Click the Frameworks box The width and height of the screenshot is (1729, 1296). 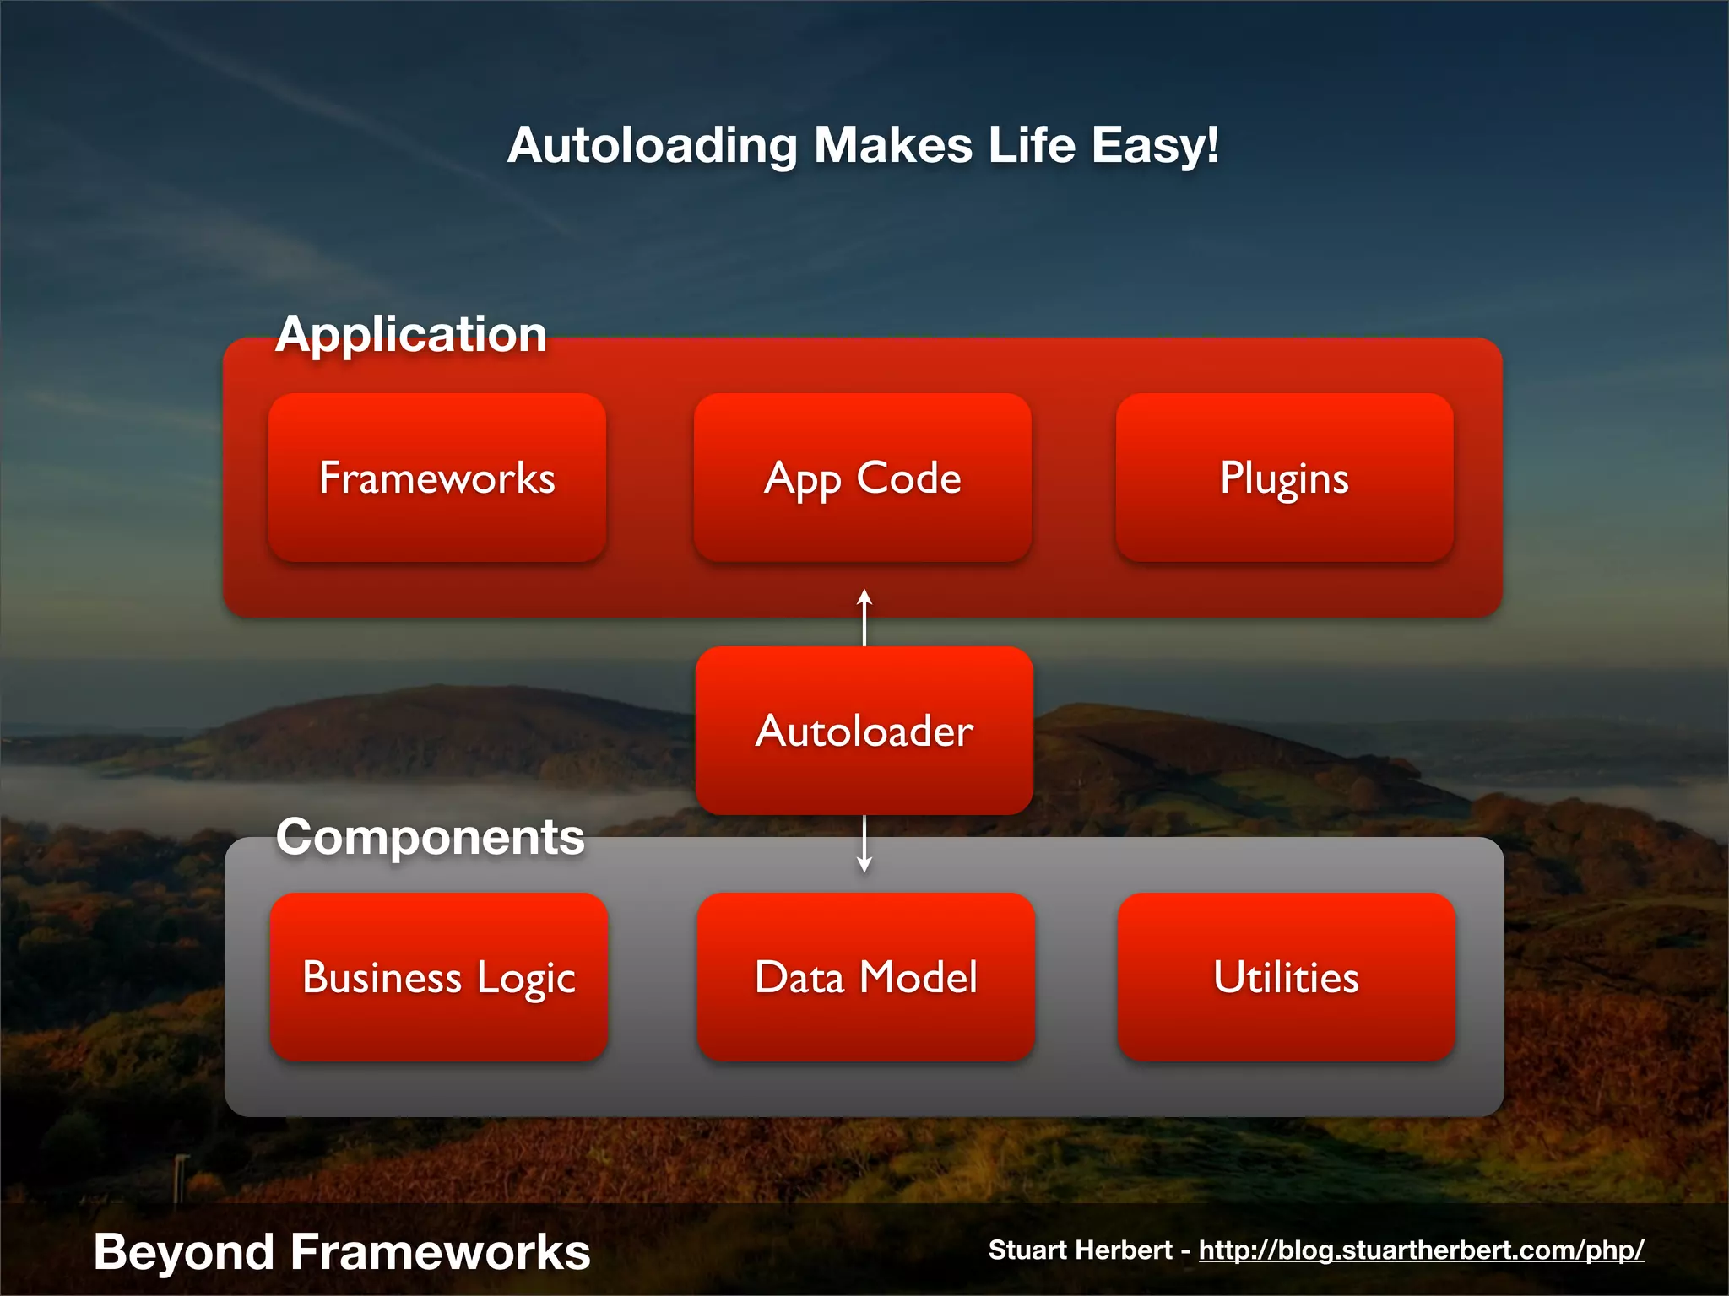click(x=437, y=478)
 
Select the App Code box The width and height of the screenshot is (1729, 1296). click(x=862, y=478)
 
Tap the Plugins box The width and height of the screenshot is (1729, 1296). click(x=1284, y=478)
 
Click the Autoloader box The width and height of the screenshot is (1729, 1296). click(x=864, y=731)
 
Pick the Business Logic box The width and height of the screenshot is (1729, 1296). click(x=438, y=977)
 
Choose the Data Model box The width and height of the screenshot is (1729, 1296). click(x=865, y=977)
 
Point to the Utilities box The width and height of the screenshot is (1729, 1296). click(x=1286, y=977)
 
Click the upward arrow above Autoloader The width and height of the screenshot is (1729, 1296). click(x=864, y=617)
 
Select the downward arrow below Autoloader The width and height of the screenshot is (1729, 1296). click(x=864, y=845)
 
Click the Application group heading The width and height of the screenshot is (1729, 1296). click(x=411, y=334)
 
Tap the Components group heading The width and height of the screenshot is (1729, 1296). click(x=430, y=837)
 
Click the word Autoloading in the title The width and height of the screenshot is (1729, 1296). click(x=652, y=145)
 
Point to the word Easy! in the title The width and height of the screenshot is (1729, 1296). click(x=1155, y=145)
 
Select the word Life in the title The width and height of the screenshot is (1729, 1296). click(x=1032, y=145)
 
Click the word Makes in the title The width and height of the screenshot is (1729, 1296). click(x=892, y=145)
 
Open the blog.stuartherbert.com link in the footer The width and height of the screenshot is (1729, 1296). click(x=1421, y=1250)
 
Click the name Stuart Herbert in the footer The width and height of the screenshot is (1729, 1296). click(x=1080, y=1250)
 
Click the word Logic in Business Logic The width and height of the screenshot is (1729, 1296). click(x=525, y=979)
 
